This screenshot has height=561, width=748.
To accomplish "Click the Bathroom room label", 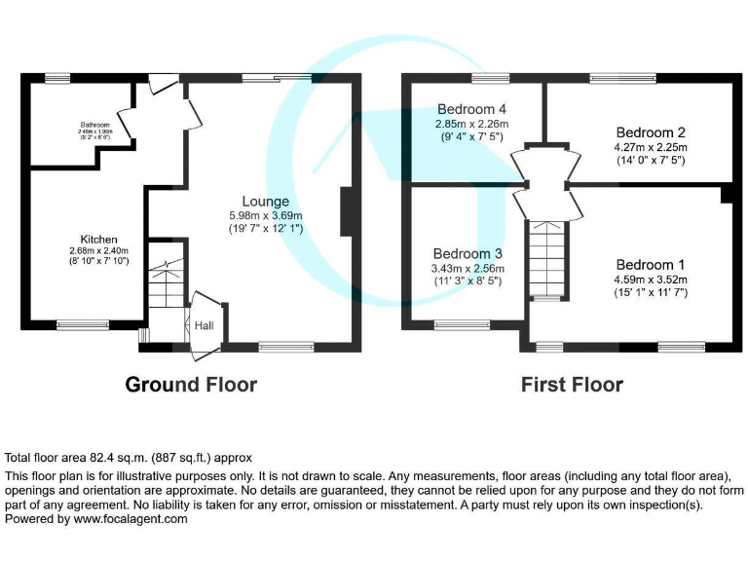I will coord(95,125).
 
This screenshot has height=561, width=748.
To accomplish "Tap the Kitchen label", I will coord(99,239).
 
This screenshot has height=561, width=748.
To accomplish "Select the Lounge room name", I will coord(266,202).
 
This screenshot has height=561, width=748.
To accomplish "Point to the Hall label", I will coord(205,326).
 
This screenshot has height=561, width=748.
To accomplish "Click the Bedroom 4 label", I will coord(472,109).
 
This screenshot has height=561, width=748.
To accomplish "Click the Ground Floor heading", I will coord(191,385).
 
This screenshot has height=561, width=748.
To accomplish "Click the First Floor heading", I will coord(572,385).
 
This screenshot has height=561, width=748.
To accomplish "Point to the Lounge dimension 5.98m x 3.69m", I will coord(266,215).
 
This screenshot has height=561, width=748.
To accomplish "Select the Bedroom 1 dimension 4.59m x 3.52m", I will coord(650,279).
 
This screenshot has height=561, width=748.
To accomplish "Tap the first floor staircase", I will coord(544,258).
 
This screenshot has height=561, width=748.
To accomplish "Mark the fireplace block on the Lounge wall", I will coord(345,211).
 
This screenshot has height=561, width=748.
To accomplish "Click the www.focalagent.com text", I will coord(131,520).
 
